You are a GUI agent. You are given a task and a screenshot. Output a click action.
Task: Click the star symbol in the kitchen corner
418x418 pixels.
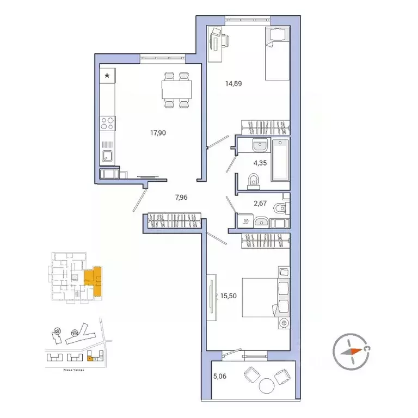(107, 76)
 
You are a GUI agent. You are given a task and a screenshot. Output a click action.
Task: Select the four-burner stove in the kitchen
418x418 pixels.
(107, 124)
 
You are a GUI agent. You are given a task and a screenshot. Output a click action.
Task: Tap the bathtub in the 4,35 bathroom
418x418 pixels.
(281, 161)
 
